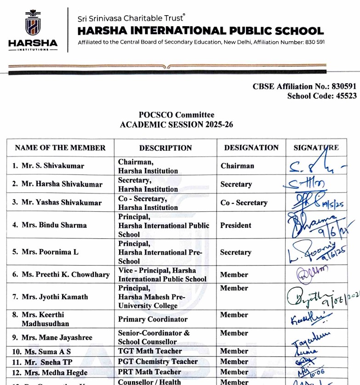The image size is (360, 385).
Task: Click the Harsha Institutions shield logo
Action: pyautogui.click(x=33, y=23)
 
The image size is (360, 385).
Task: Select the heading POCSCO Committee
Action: pyautogui.click(x=177, y=115)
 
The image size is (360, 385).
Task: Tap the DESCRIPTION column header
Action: pyautogui.click(x=166, y=148)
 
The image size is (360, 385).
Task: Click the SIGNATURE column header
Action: pyautogui.click(x=316, y=147)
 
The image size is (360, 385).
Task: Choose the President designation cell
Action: pyautogui.click(x=236, y=225)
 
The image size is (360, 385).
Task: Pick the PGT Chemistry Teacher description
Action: pyautogui.click(x=158, y=362)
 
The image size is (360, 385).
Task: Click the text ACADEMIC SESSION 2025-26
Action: pyautogui.click(x=177, y=125)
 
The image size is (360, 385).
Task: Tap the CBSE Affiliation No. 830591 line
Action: pyautogui.click(x=304, y=86)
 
